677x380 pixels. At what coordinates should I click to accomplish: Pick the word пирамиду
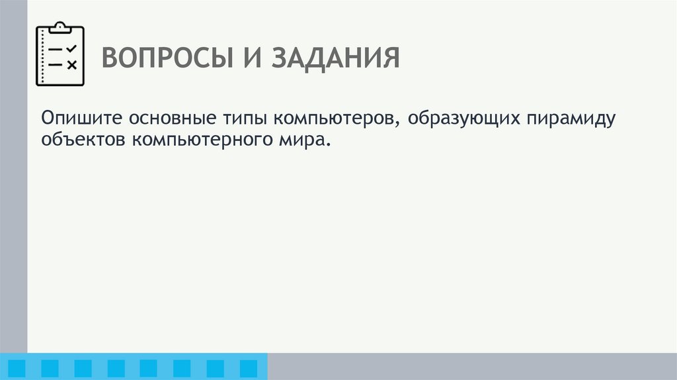tap(571, 120)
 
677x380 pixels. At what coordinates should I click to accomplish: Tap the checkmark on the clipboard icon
tap(72, 48)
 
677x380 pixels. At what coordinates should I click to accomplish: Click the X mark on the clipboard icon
tap(72, 64)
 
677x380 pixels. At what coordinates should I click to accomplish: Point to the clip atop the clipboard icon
tap(60, 26)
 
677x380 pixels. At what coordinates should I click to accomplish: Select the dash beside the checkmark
tap(55, 49)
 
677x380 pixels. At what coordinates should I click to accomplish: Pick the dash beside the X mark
tap(55, 64)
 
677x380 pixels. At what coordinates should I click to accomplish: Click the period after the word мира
tap(326, 144)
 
